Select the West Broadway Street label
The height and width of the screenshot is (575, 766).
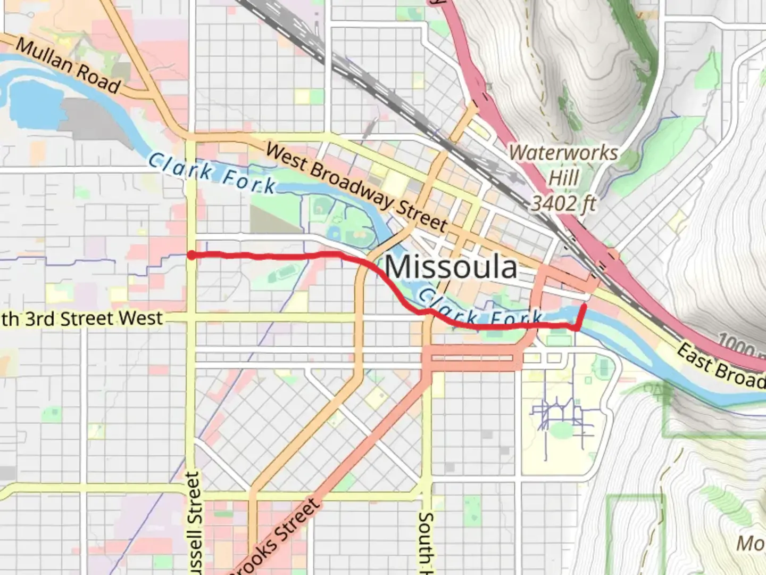pos(356,186)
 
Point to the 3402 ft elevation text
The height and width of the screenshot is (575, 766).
pos(563,203)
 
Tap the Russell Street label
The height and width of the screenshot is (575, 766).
pos(194,522)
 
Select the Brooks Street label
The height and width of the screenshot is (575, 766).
pos(277,538)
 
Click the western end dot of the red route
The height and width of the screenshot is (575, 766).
pos(190,256)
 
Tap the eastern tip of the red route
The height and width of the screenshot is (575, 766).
pos(585,307)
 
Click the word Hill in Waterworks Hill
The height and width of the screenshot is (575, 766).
pos(563,177)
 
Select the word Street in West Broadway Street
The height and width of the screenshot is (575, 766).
pos(421,216)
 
